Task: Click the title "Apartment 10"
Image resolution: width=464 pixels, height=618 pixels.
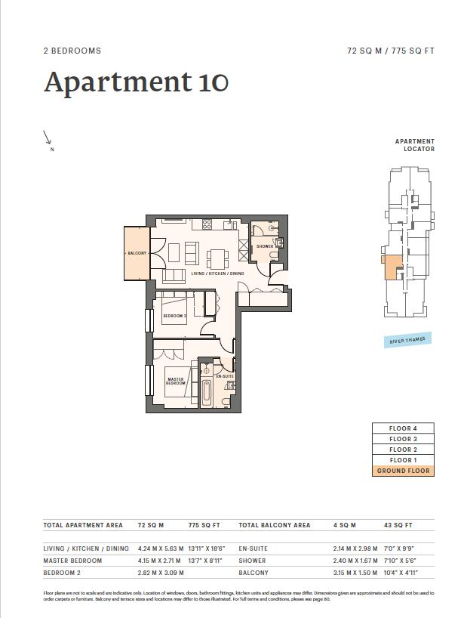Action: click(x=136, y=82)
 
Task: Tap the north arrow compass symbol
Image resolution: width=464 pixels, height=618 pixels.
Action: click(x=48, y=138)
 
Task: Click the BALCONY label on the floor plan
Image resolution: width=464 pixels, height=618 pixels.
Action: click(x=137, y=253)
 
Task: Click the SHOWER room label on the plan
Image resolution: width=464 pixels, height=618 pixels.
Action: click(x=264, y=246)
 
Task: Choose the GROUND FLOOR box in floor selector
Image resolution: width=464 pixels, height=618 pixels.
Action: click(x=403, y=471)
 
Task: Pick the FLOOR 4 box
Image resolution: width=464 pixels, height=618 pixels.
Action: click(x=403, y=428)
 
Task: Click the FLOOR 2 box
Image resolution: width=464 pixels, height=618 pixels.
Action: click(x=403, y=450)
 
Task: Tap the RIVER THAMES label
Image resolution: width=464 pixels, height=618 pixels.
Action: click(x=407, y=340)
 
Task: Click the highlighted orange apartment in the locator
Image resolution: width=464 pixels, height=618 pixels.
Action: click(x=392, y=267)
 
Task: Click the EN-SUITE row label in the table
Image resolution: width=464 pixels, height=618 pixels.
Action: click(x=254, y=548)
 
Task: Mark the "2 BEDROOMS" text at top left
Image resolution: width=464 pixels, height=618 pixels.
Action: click(x=72, y=51)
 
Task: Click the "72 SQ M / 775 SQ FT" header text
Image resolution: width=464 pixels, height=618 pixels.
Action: click(x=391, y=51)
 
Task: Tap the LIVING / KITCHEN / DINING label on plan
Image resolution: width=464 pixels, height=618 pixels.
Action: click(x=217, y=273)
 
